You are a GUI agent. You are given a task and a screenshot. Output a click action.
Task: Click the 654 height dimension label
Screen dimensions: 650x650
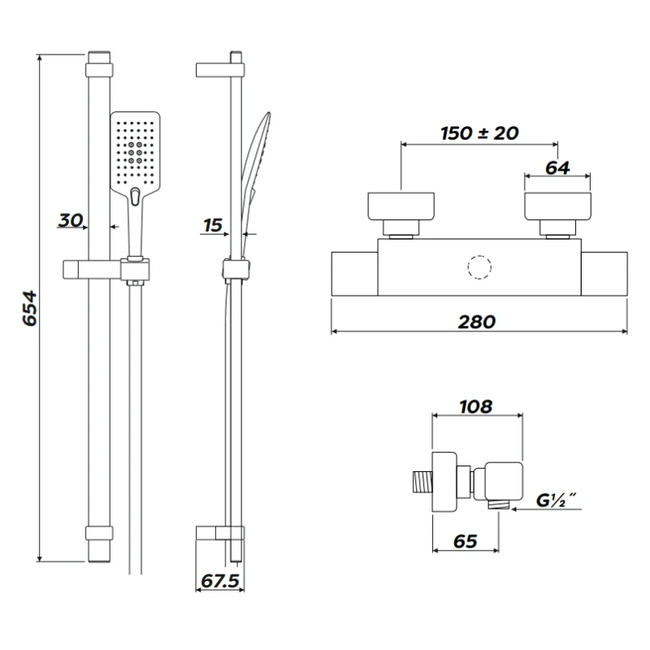[28, 309]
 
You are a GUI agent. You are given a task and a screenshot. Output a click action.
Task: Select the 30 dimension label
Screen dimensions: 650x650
[71, 219]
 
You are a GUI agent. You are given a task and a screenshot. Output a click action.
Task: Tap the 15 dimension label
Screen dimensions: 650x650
[213, 225]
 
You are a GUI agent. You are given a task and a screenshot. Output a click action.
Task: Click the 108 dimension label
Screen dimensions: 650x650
[475, 407]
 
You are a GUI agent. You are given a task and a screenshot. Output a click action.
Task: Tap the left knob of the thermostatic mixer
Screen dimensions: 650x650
[402, 207]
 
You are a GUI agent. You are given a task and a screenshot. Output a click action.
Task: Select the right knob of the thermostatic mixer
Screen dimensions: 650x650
[557, 207]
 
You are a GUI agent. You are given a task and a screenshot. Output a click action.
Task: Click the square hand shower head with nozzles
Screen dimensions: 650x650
[136, 148]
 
